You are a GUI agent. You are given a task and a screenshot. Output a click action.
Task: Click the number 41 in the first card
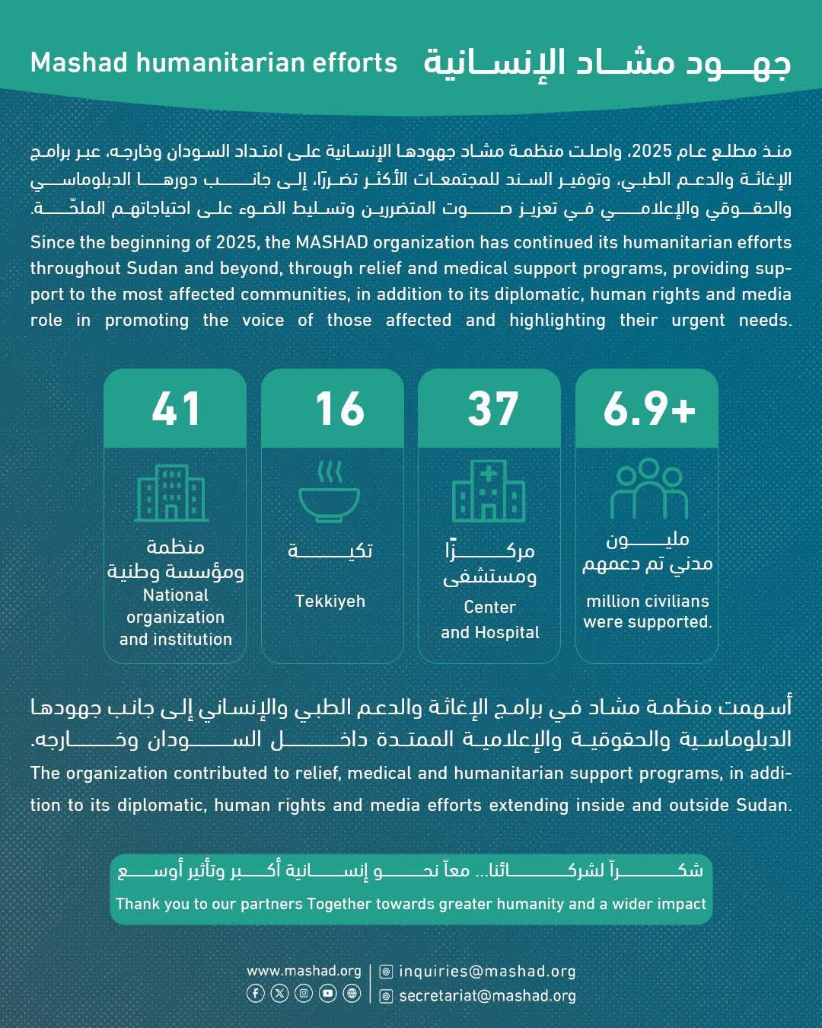[176, 409]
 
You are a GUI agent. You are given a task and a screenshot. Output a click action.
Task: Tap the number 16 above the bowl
[339, 409]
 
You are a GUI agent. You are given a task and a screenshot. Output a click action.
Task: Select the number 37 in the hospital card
[492, 409]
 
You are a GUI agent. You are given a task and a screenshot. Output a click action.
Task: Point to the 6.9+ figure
[649, 409]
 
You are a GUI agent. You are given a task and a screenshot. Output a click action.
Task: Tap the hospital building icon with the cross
[489, 492]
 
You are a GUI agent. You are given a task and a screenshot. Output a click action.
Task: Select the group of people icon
[648, 489]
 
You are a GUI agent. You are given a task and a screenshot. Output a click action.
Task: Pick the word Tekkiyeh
[330, 602]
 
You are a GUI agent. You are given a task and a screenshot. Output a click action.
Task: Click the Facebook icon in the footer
[256, 993]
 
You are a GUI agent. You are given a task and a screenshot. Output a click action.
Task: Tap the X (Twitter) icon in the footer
[280, 993]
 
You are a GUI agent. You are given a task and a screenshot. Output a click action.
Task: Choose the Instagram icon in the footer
[304, 993]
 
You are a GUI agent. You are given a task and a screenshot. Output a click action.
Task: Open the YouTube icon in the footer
[328, 993]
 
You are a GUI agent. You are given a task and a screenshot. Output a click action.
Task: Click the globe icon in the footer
[352, 993]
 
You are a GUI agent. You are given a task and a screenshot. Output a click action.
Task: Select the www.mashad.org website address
[304, 971]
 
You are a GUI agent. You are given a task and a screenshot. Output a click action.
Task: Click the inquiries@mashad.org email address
[487, 972]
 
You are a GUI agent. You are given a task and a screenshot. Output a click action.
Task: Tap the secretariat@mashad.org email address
[487, 996]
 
